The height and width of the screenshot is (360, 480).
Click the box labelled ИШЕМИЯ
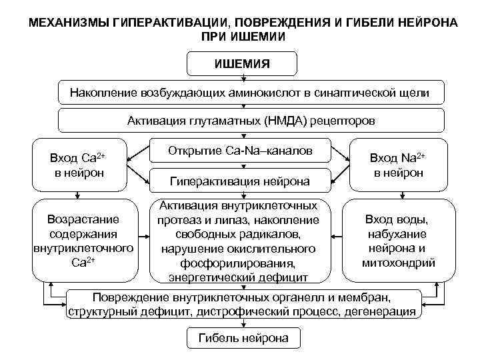click(x=242, y=65)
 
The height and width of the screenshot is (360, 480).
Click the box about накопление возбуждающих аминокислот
click(x=250, y=93)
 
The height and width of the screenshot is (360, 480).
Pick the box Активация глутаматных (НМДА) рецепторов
click(x=251, y=121)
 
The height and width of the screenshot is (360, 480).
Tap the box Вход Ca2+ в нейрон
click(x=78, y=165)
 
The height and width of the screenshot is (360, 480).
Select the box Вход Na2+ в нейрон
click(x=398, y=165)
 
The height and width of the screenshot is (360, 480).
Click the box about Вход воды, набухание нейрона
click(x=398, y=240)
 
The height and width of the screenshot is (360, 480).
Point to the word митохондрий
click(x=398, y=262)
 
